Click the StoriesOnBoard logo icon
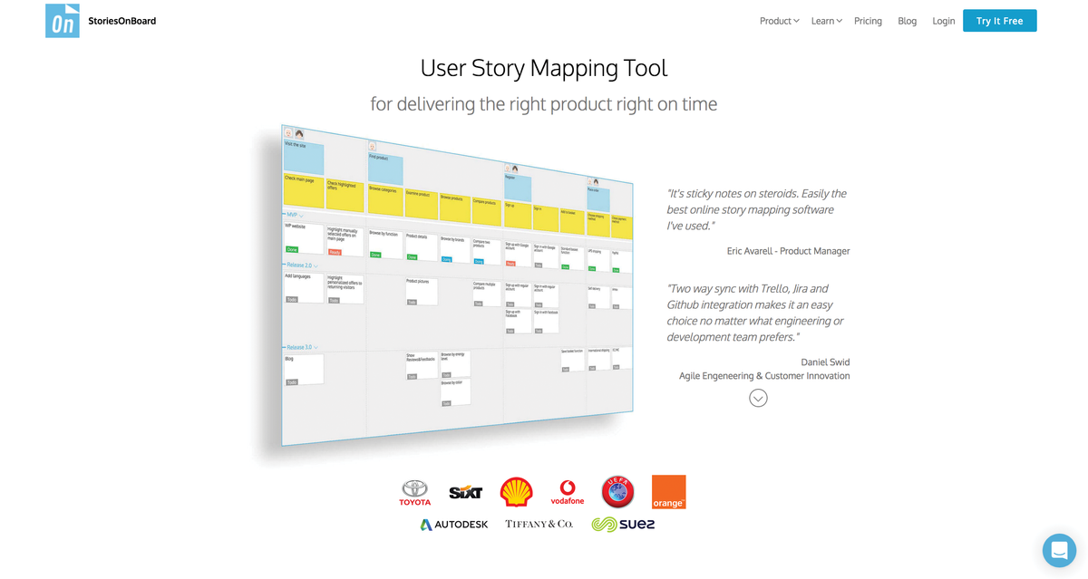click(63, 21)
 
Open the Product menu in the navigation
click(779, 21)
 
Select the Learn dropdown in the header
click(826, 21)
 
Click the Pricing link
click(868, 21)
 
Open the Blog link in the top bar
click(907, 21)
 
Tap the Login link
click(943, 21)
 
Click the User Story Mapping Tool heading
click(543, 68)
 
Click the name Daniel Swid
click(825, 362)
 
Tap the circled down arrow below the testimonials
click(758, 398)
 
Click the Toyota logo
click(415, 493)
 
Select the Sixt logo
click(465, 493)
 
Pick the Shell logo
click(517, 492)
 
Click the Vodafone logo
click(568, 492)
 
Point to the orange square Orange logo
click(668, 491)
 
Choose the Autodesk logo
click(454, 525)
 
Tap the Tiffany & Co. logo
click(539, 525)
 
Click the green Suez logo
click(623, 525)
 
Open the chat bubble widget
click(1058, 550)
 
